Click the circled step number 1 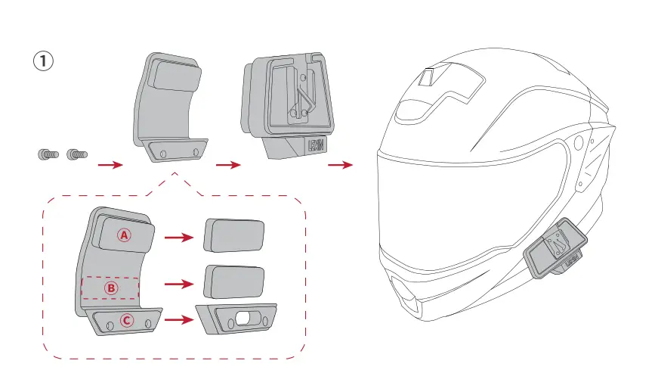[43, 61]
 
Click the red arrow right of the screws [111, 164]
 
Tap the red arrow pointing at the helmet [341, 164]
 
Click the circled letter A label [124, 235]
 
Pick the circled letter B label [110, 288]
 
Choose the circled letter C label [127, 320]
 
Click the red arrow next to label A [178, 237]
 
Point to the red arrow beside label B [178, 284]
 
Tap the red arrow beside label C [178, 320]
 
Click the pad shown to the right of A [235, 236]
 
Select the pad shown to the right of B [235, 281]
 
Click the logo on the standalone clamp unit [316, 145]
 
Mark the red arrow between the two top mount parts [227, 164]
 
